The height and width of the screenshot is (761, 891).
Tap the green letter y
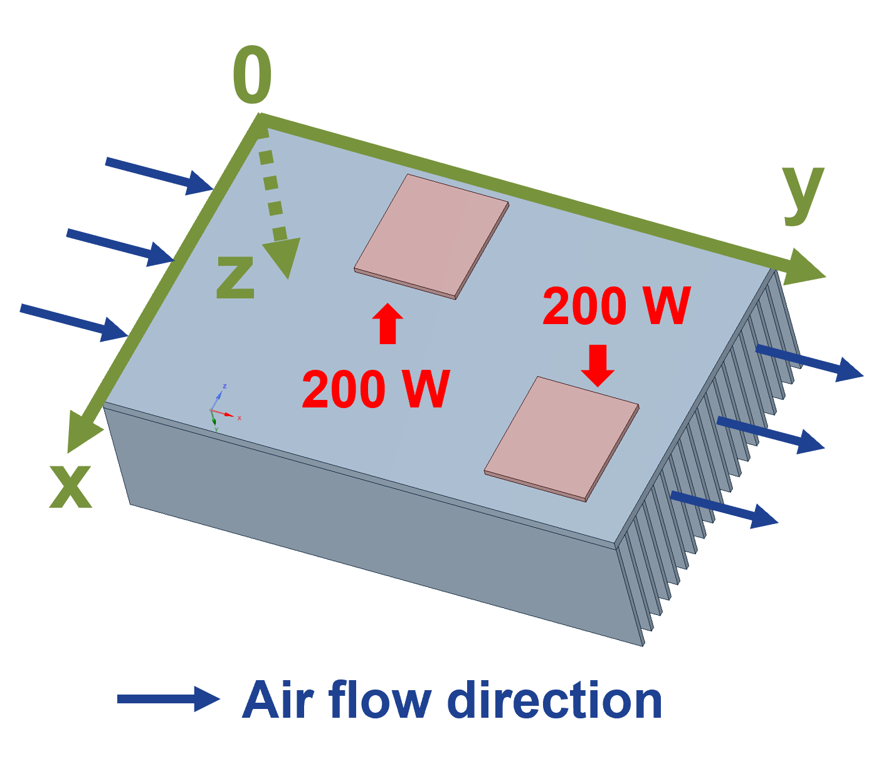803,193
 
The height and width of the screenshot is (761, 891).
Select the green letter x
71,487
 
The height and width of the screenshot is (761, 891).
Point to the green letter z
235,278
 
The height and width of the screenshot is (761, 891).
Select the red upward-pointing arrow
388,322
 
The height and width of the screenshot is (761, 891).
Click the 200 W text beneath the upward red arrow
376,390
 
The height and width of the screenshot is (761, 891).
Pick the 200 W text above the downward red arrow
616,307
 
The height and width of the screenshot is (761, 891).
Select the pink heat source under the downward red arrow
562,438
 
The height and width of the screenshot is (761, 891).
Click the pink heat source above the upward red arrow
431,236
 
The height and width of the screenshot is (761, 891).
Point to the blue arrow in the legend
168,698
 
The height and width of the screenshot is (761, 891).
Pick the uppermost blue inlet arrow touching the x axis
159,176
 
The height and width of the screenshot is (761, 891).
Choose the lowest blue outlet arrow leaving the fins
724,509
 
